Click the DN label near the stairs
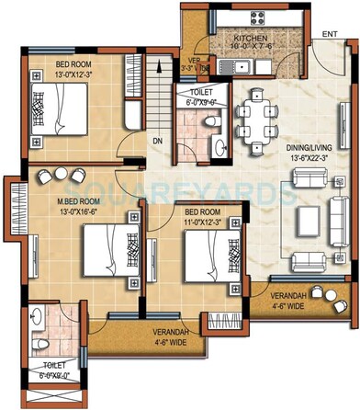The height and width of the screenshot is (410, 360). (158, 141)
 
